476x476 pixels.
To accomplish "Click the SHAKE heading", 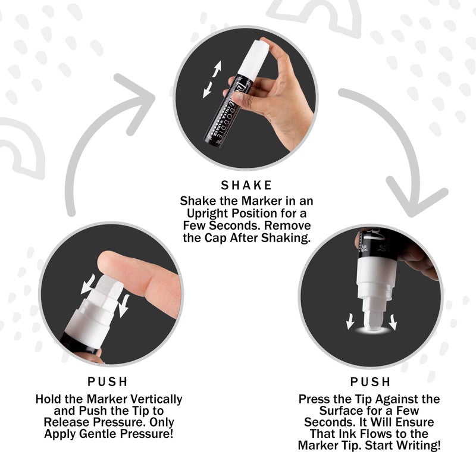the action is click(246, 185).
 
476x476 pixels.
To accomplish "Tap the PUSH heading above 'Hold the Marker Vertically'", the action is click(108, 381).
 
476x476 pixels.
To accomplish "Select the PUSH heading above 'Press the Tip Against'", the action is click(370, 381).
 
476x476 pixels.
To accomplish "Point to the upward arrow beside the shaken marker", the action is click(217, 68).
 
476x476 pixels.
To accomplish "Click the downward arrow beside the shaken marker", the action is click(208, 90).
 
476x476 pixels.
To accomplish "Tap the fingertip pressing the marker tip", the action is click(110, 262).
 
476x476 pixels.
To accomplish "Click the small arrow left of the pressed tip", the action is click(350, 321).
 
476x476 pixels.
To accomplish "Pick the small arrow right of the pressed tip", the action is click(393, 322).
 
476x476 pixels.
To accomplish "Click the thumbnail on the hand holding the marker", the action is click(239, 98).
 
